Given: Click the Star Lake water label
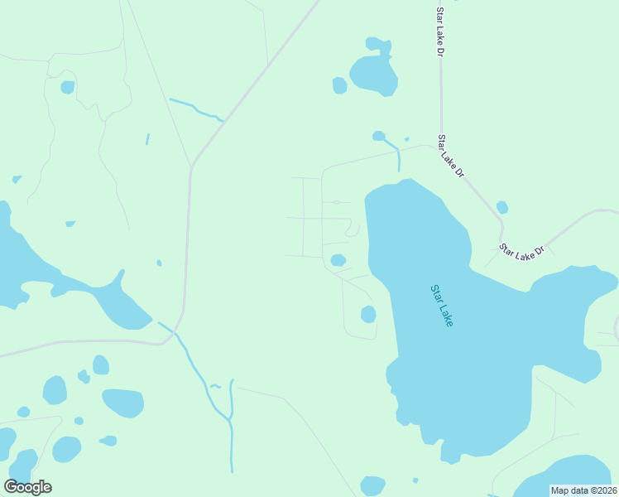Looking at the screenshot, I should (442, 306).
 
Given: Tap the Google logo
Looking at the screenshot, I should (27, 487).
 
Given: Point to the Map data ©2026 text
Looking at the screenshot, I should (583, 490).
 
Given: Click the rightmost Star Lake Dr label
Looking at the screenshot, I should (522, 253).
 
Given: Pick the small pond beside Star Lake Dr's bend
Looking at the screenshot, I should (502, 207).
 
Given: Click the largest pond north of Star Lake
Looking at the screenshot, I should (374, 73).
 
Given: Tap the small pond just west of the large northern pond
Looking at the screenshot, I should (339, 85).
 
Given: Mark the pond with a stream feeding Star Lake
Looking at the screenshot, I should (379, 136).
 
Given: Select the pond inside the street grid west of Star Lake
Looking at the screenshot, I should (338, 260).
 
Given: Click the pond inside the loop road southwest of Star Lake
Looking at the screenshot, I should (368, 314).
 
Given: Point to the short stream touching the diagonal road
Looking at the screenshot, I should (196, 109).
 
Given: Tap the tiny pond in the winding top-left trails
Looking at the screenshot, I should (67, 87).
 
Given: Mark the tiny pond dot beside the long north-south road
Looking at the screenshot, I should (159, 263).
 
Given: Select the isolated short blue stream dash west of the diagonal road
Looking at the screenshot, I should (147, 139).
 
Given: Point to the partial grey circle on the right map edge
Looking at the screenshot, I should (615, 328).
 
